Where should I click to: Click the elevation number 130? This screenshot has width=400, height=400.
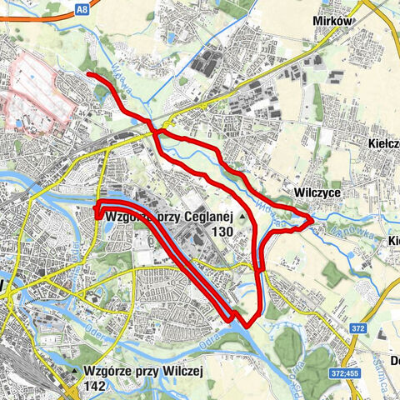point(222,232)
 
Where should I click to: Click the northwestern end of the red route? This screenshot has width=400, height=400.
point(88,75)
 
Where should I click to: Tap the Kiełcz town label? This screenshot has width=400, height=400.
point(384,143)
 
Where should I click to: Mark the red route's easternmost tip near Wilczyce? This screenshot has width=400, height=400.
point(312,218)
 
